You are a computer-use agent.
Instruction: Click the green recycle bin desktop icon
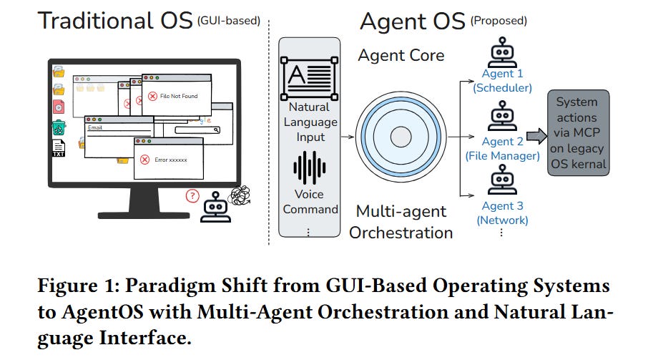pos(59,127)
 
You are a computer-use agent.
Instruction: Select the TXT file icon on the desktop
pos(59,148)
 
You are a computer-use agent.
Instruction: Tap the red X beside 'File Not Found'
pos(152,96)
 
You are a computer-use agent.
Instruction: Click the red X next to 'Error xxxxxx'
pos(144,160)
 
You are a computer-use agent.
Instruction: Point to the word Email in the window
pos(95,129)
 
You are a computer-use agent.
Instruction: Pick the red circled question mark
pos(191,195)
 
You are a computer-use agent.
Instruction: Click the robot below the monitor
pos(215,205)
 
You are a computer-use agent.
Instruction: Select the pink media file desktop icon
pos(59,107)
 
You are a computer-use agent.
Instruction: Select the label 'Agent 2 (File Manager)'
pos(502,148)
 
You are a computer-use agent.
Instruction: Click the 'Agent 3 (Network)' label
pos(502,213)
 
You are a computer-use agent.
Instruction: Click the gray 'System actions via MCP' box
pos(578,133)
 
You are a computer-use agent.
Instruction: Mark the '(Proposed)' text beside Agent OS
pos(499,21)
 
